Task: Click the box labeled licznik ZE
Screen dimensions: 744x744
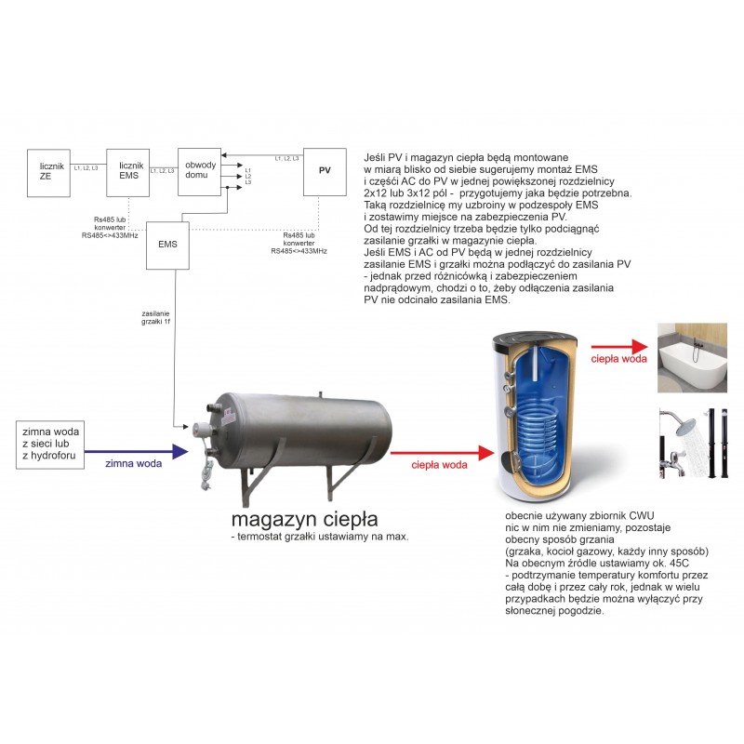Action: tap(47, 171)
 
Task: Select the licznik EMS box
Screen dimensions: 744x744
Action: tap(127, 171)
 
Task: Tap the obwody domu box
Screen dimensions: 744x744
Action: tap(198, 171)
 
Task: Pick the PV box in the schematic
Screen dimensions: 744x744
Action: tap(325, 171)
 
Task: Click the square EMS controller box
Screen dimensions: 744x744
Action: tap(168, 246)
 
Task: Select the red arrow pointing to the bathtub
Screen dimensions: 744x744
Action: tap(618, 347)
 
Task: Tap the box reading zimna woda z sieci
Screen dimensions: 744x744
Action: tap(53, 444)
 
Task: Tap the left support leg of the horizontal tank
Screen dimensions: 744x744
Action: tap(248, 483)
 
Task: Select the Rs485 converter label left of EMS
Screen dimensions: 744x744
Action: tap(109, 228)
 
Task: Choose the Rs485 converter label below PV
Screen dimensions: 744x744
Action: tap(299, 244)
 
